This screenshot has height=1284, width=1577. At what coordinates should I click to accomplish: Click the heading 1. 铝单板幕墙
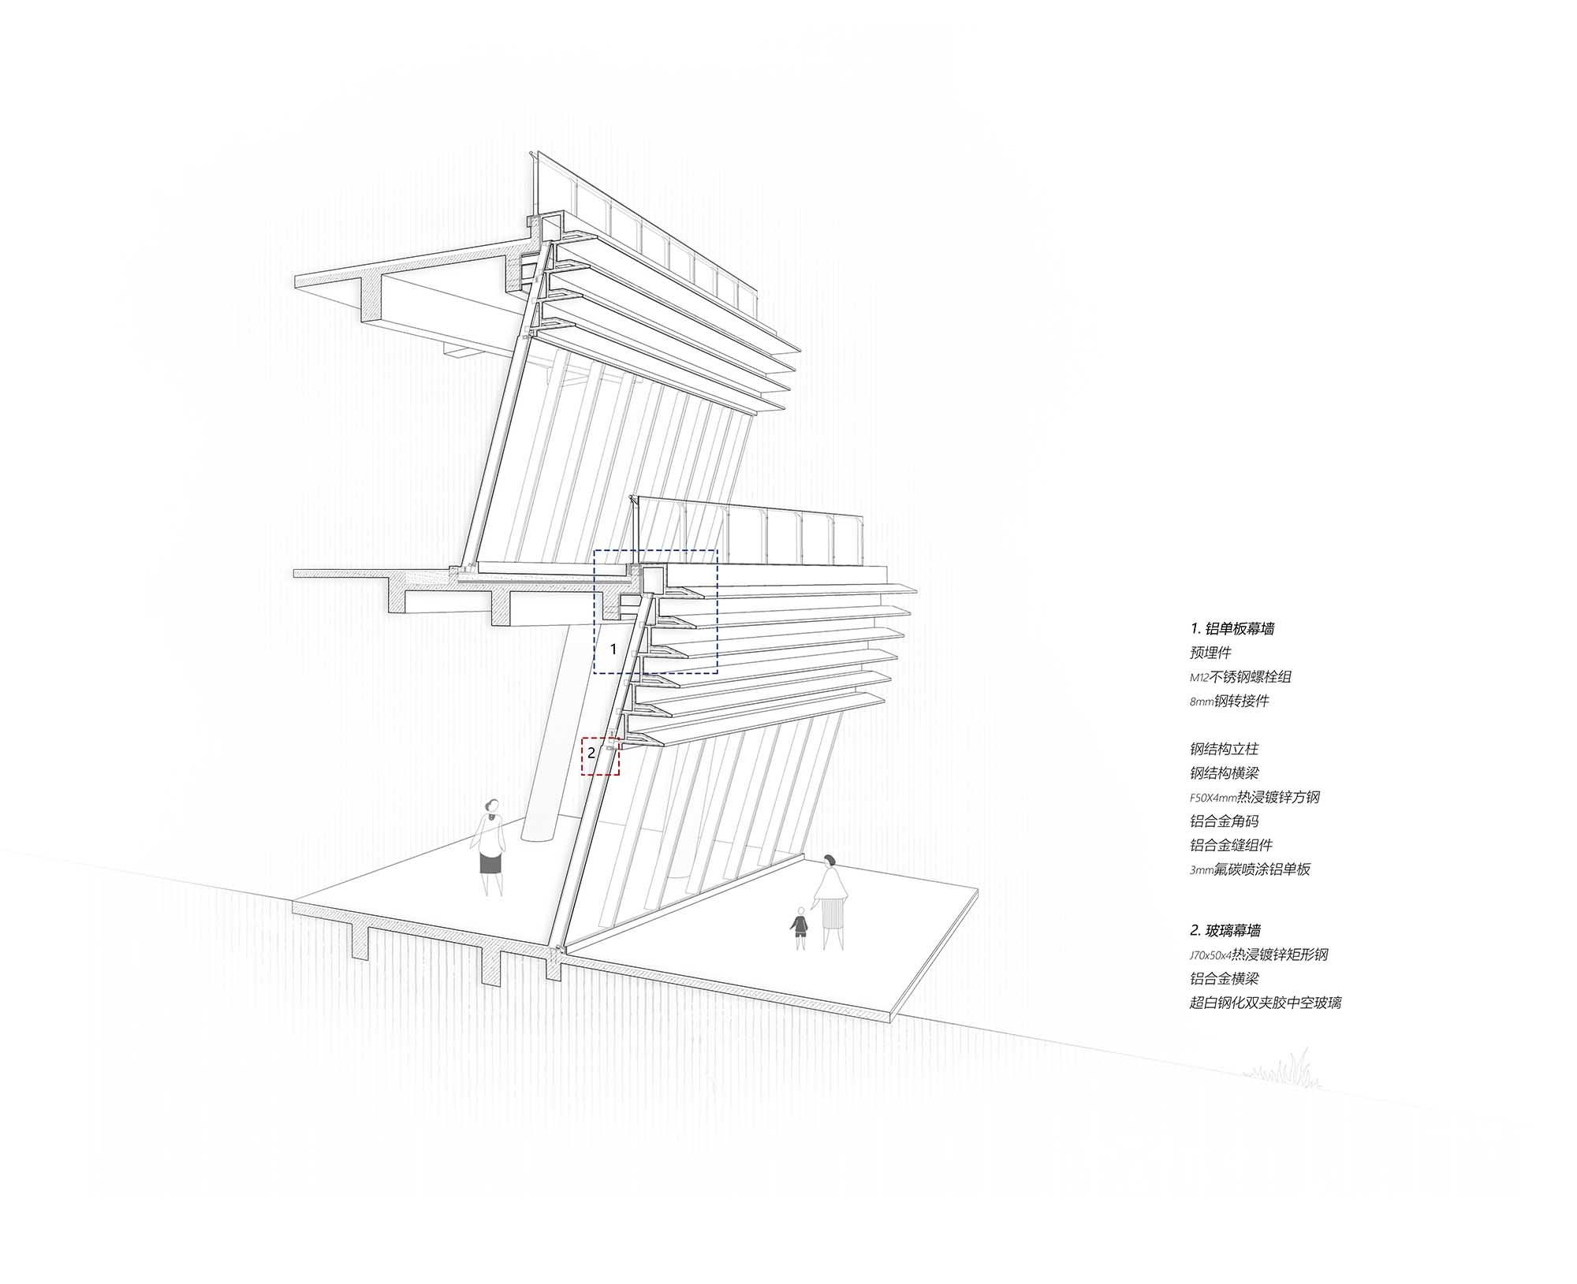(x=1232, y=628)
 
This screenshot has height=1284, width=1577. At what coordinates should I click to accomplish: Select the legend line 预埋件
(x=1210, y=653)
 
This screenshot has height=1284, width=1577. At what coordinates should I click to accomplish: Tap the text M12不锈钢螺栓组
(x=1240, y=676)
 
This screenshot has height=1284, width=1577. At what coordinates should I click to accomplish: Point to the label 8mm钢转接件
(x=1229, y=701)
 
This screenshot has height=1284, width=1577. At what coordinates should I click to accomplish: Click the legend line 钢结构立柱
(x=1224, y=749)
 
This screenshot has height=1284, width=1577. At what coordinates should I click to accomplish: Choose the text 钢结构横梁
(x=1224, y=773)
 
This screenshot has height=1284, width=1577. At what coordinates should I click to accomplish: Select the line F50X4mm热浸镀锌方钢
(x=1255, y=797)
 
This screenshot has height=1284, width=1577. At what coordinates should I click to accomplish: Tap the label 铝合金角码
(x=1224, y=821)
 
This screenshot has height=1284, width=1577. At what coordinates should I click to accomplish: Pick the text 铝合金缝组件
(x=1231, y=845)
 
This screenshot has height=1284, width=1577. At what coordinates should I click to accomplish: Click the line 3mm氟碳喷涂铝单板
(x=1250, y=869)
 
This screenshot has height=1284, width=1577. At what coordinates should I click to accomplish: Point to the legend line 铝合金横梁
(x=1224, y=978)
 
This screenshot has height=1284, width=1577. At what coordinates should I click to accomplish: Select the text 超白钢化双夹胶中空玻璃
(x=1265, y=1003)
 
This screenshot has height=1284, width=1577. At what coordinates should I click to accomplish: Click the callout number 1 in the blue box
(x=613, y=649)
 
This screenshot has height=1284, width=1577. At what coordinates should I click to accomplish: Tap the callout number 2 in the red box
(x=591, y=753)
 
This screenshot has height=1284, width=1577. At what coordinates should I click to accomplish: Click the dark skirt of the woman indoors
(x=490, y=864)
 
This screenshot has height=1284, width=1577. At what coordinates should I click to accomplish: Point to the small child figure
(x=800, y=927)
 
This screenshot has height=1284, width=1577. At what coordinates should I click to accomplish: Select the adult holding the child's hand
(x=831, y=899)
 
